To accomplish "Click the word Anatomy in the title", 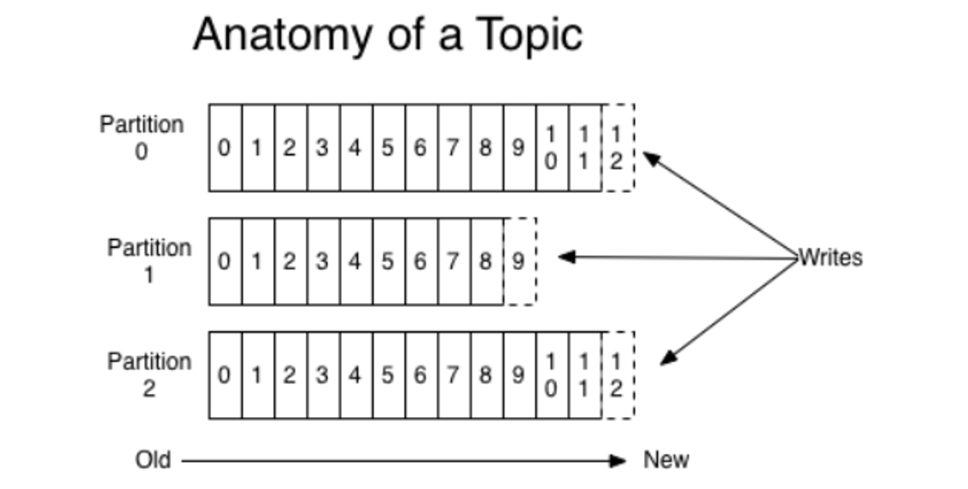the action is click(x=283, y=36).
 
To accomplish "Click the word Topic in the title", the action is click(x=530, y=36).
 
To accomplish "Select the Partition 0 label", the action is click(x=142, y=138).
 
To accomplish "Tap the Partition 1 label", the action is click(x=149, y=261).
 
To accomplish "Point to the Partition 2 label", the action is click(x=149, y=374).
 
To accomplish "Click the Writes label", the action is click(x=831, y=258).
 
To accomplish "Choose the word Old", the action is click(x=153, y=460).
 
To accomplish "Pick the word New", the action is click(x=666, y=460).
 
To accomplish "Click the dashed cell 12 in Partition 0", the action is click(x=618, y=147).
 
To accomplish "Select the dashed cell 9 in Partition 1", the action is click(x=521, y=261).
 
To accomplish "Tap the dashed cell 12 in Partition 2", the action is click(x=618, y=375).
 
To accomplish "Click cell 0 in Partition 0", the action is click(x=225, y=147).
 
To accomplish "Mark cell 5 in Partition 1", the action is click(x=389, y=261).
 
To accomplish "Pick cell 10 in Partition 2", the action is click(x=552, y=375).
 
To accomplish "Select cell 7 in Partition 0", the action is click(x=454, y=147).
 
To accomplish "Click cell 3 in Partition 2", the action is click(x=324, y=375).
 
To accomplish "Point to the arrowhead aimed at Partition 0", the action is click(x=652, y=159).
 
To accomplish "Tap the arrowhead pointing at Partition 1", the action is click(x=567, y=256).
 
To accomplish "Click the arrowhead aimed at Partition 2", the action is click(x=669, y=358).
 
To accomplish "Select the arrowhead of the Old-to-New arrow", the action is click(x=618, y=461).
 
